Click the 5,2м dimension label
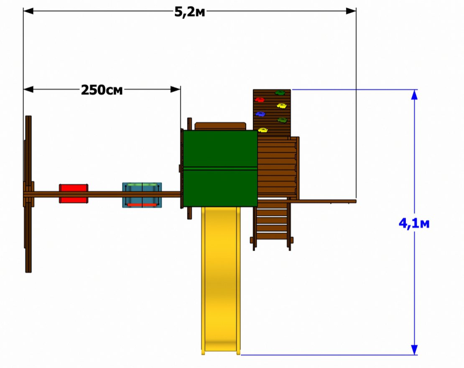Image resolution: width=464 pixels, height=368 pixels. [189, 12]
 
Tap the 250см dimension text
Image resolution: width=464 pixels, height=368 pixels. [102, 90]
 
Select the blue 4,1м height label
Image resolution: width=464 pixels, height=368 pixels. [414, 224]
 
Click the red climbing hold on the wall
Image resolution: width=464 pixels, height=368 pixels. [260, 100]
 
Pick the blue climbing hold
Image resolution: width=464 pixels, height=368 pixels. [260, 114]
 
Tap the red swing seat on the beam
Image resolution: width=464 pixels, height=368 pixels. [74, 193]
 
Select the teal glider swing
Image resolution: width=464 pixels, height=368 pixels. [142, 195]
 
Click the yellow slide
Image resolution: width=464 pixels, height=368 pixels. [221, 281]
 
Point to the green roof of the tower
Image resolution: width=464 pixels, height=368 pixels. [220, 168]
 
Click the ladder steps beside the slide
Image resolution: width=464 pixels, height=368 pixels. [272, 224]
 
